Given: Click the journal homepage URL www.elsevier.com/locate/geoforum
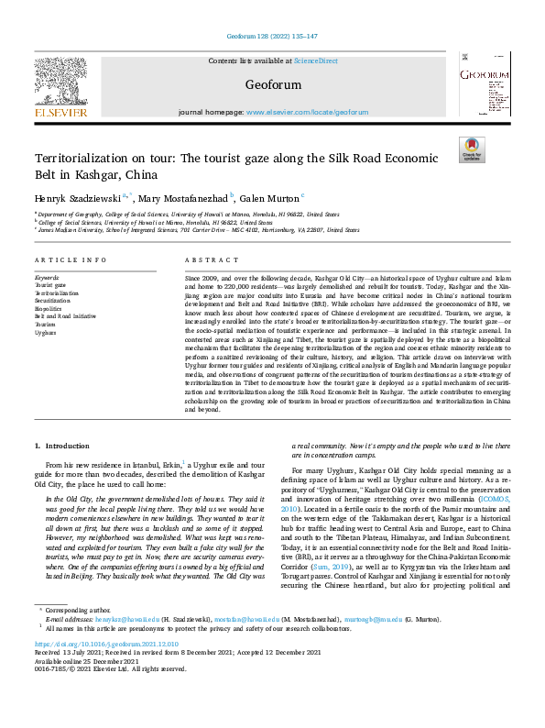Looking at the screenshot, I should pos(313,112).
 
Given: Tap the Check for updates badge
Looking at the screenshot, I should pos(471,149).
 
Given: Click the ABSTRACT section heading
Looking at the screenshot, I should pos(206,260).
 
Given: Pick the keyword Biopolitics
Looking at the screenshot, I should pos(49,308).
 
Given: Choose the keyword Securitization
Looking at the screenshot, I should pos(53,300).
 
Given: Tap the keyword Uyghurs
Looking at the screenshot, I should pos(46,333).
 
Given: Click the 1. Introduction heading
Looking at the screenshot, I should pos(63,446).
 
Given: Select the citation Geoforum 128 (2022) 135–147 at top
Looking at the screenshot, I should pos(272,36).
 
